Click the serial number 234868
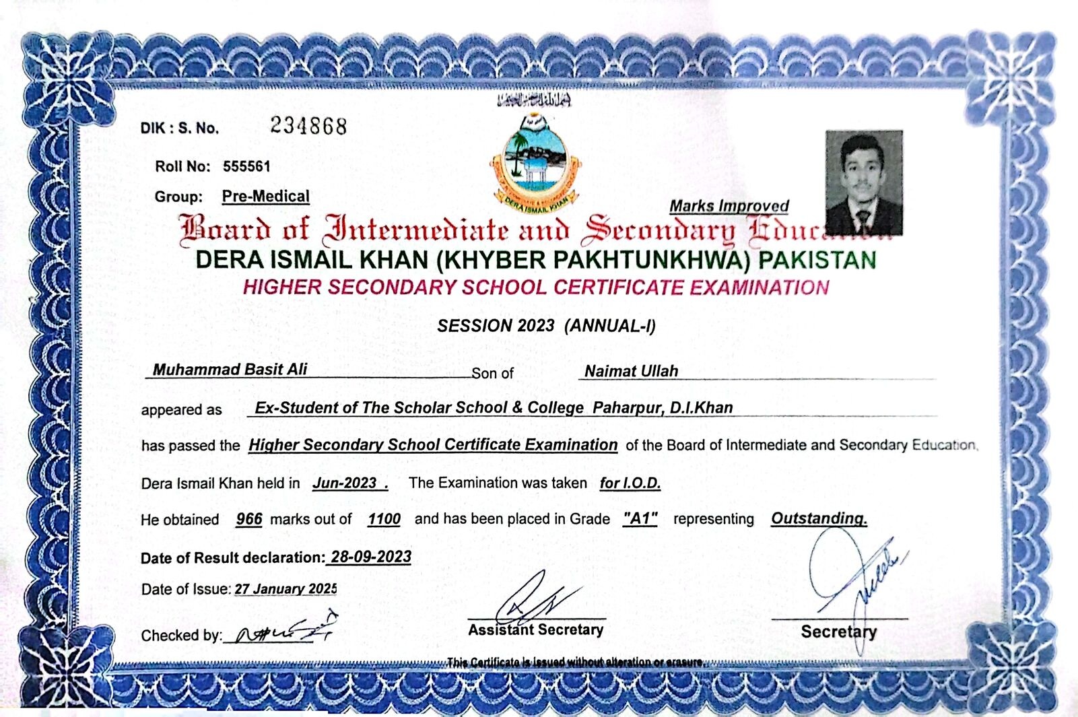tap(308, 126)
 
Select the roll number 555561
tap(246, 166)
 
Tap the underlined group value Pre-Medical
tap(266, 196)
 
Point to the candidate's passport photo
tap(864, 182)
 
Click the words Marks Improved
tap(729, 206)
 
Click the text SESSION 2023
tap(496, 326)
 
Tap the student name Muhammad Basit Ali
tap(230, 369)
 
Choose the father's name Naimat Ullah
tap(631, 371)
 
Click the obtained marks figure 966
tap(249, 519)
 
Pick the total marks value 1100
tap(384, 519)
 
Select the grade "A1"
tap(640, 518)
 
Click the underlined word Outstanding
tap(819, 518)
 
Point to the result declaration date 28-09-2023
tap(371, 557)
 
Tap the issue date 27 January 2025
tap(285, 589)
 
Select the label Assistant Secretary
tap(535, 629)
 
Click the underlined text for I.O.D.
tap(630, 483)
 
